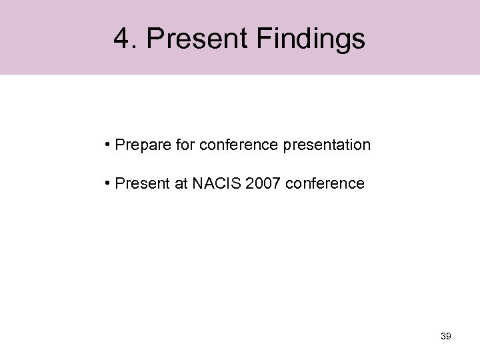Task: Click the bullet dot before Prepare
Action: pyautogui.click(x=107, y=144)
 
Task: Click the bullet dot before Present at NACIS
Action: pyautogui.click(x=107, y=183)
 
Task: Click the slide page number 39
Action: pyautogui.click(x=446, y=336)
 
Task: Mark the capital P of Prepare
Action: pyautogui.click(x=119, y=144)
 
